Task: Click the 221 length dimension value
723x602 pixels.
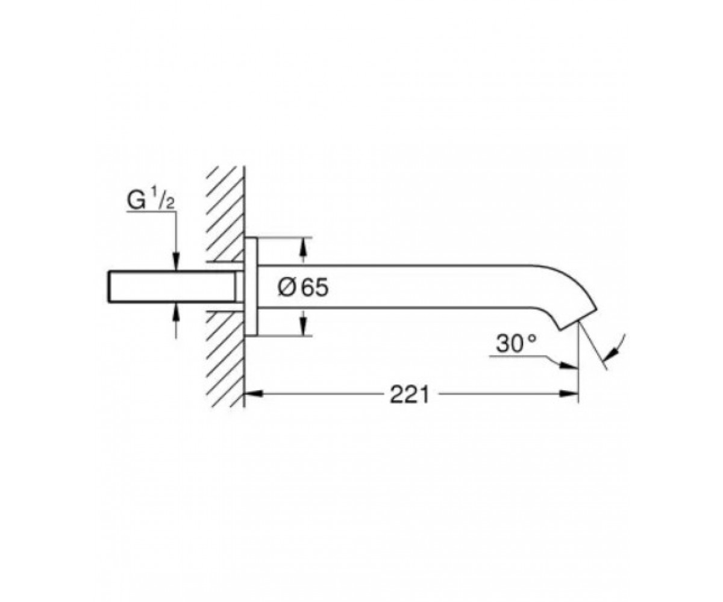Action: click(409, 394)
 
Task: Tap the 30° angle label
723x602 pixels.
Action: click(516, 344)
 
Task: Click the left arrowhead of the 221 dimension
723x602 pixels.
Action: click(254, 394)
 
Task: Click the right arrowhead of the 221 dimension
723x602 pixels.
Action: click(569, 394)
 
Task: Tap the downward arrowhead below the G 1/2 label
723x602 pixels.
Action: click(176, 261)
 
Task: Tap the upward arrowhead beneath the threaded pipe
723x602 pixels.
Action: click(176, 312)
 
